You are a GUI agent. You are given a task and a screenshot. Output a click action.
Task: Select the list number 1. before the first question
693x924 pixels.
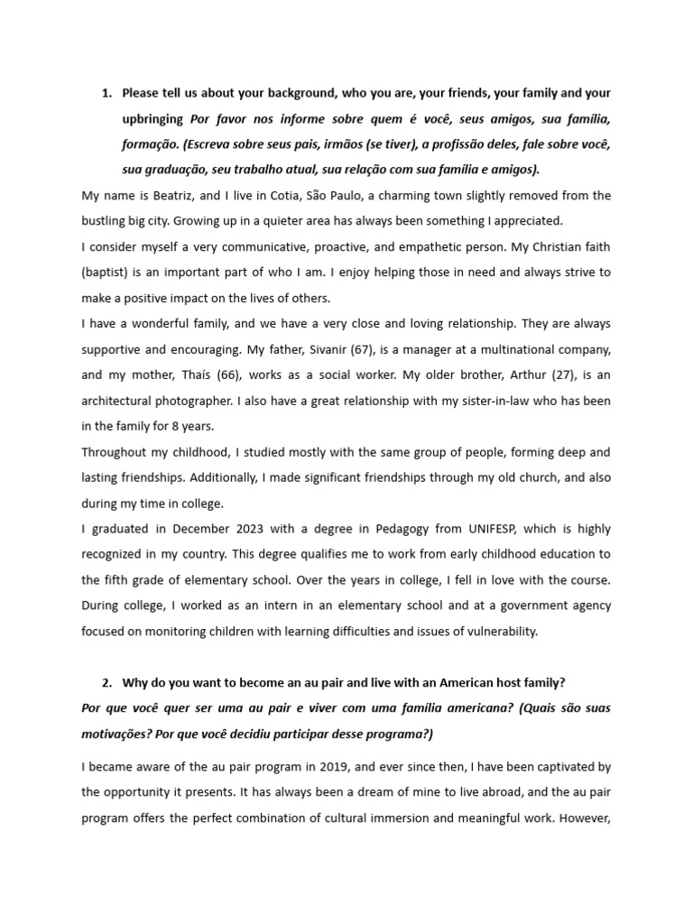(x=106, y=93)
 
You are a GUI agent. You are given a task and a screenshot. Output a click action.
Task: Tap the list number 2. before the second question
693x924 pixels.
(x=106, y=681)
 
